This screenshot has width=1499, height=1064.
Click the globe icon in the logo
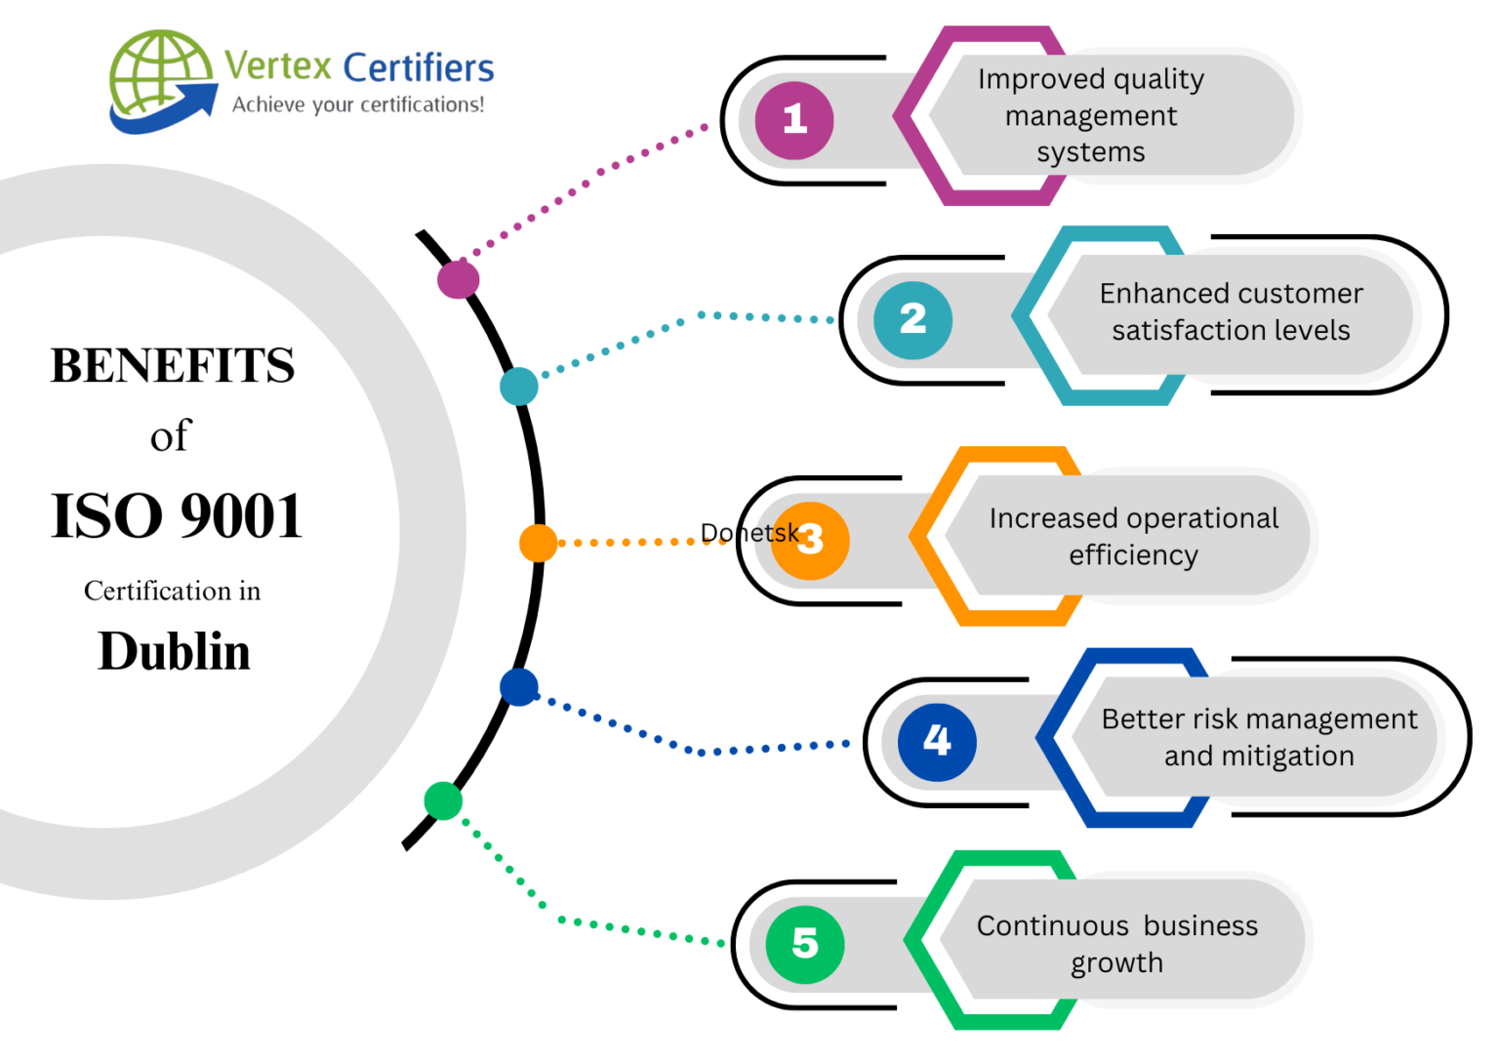(x=159, y=75)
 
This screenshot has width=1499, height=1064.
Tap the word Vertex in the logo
(x=278, y=66)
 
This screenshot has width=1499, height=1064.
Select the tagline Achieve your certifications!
(x=358, y=104)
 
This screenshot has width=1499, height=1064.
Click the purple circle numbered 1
(x=794, y=120)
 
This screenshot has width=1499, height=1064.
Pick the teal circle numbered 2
(x=912, y=319)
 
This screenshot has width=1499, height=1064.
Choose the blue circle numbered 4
(x=937, y=742)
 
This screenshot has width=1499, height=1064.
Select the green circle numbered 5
(x=805, y=944)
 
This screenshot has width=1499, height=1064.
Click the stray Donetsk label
(x=749, y=533)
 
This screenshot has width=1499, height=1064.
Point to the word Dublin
(x=175, y=652)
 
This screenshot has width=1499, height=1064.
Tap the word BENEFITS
(x=173, y=366)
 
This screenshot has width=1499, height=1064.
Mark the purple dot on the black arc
(x=458, y=279)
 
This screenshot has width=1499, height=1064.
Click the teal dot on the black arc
(x=519, y=387)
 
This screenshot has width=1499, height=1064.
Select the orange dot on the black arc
(x=538, y=543)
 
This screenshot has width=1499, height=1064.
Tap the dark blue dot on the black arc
(x=519, y=687)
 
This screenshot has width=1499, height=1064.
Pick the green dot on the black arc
(x=443, y=800)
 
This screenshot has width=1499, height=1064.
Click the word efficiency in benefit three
(x=1133, y=555)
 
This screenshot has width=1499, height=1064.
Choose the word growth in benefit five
(x=1116, y=963)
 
